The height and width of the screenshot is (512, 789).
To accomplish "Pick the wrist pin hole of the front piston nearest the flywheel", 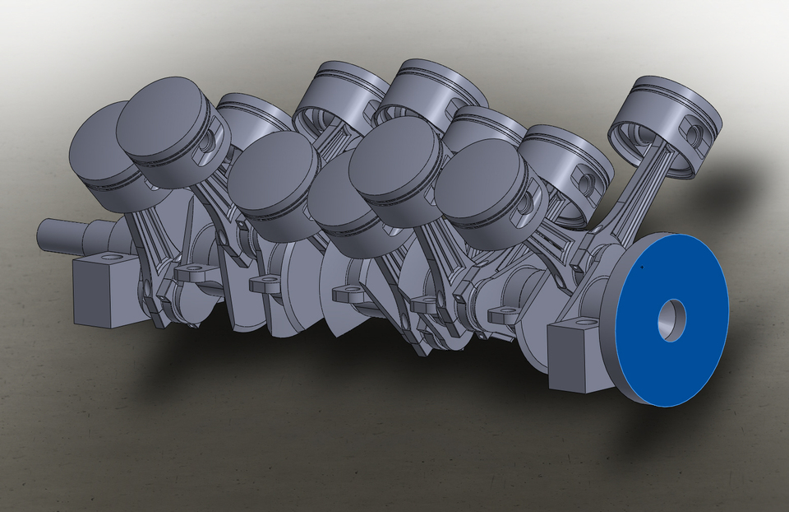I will (524, 201).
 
